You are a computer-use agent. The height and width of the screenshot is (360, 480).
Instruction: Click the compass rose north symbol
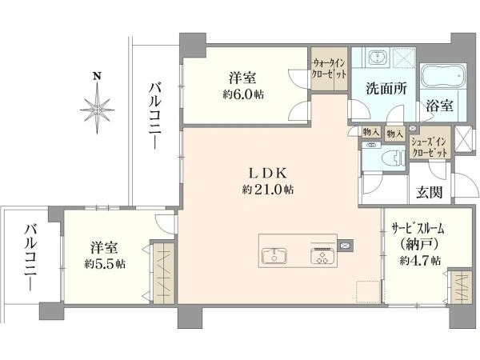(x=97, y=103)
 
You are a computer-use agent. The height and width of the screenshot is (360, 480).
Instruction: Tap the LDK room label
(x=268, y=174)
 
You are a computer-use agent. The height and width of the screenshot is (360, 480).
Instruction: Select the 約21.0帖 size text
(x=268, y=190)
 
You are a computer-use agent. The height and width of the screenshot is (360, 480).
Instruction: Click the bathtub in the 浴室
(x=443, y=76)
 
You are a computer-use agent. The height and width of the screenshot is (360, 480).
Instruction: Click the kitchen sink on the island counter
(x=274, y=255)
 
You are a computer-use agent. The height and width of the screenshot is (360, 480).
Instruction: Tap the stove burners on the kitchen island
(x=323, y=256)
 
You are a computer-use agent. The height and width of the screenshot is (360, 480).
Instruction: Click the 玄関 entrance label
(x=429, y=192)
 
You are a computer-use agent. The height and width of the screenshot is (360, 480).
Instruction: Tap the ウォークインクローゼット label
(x=329, y=69)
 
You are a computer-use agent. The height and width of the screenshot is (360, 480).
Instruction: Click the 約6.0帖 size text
(x=243, y=94)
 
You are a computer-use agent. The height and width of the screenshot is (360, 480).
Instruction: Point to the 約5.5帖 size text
(x=105, y=263)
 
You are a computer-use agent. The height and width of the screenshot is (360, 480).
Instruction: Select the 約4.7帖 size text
(x=420, y=260)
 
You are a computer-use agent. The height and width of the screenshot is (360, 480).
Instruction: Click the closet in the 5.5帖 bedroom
(x=164, y=273)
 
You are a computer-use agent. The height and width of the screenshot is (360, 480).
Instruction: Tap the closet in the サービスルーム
(x=462, y=287)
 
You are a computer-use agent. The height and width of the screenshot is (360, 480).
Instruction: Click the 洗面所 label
(x=386, y=89)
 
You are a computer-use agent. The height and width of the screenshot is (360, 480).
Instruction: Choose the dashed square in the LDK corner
(x=368, y=292)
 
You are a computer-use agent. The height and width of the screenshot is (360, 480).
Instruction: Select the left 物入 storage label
(x=371, y=132)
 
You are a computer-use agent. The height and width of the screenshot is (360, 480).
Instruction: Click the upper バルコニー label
(x=155, y=116)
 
